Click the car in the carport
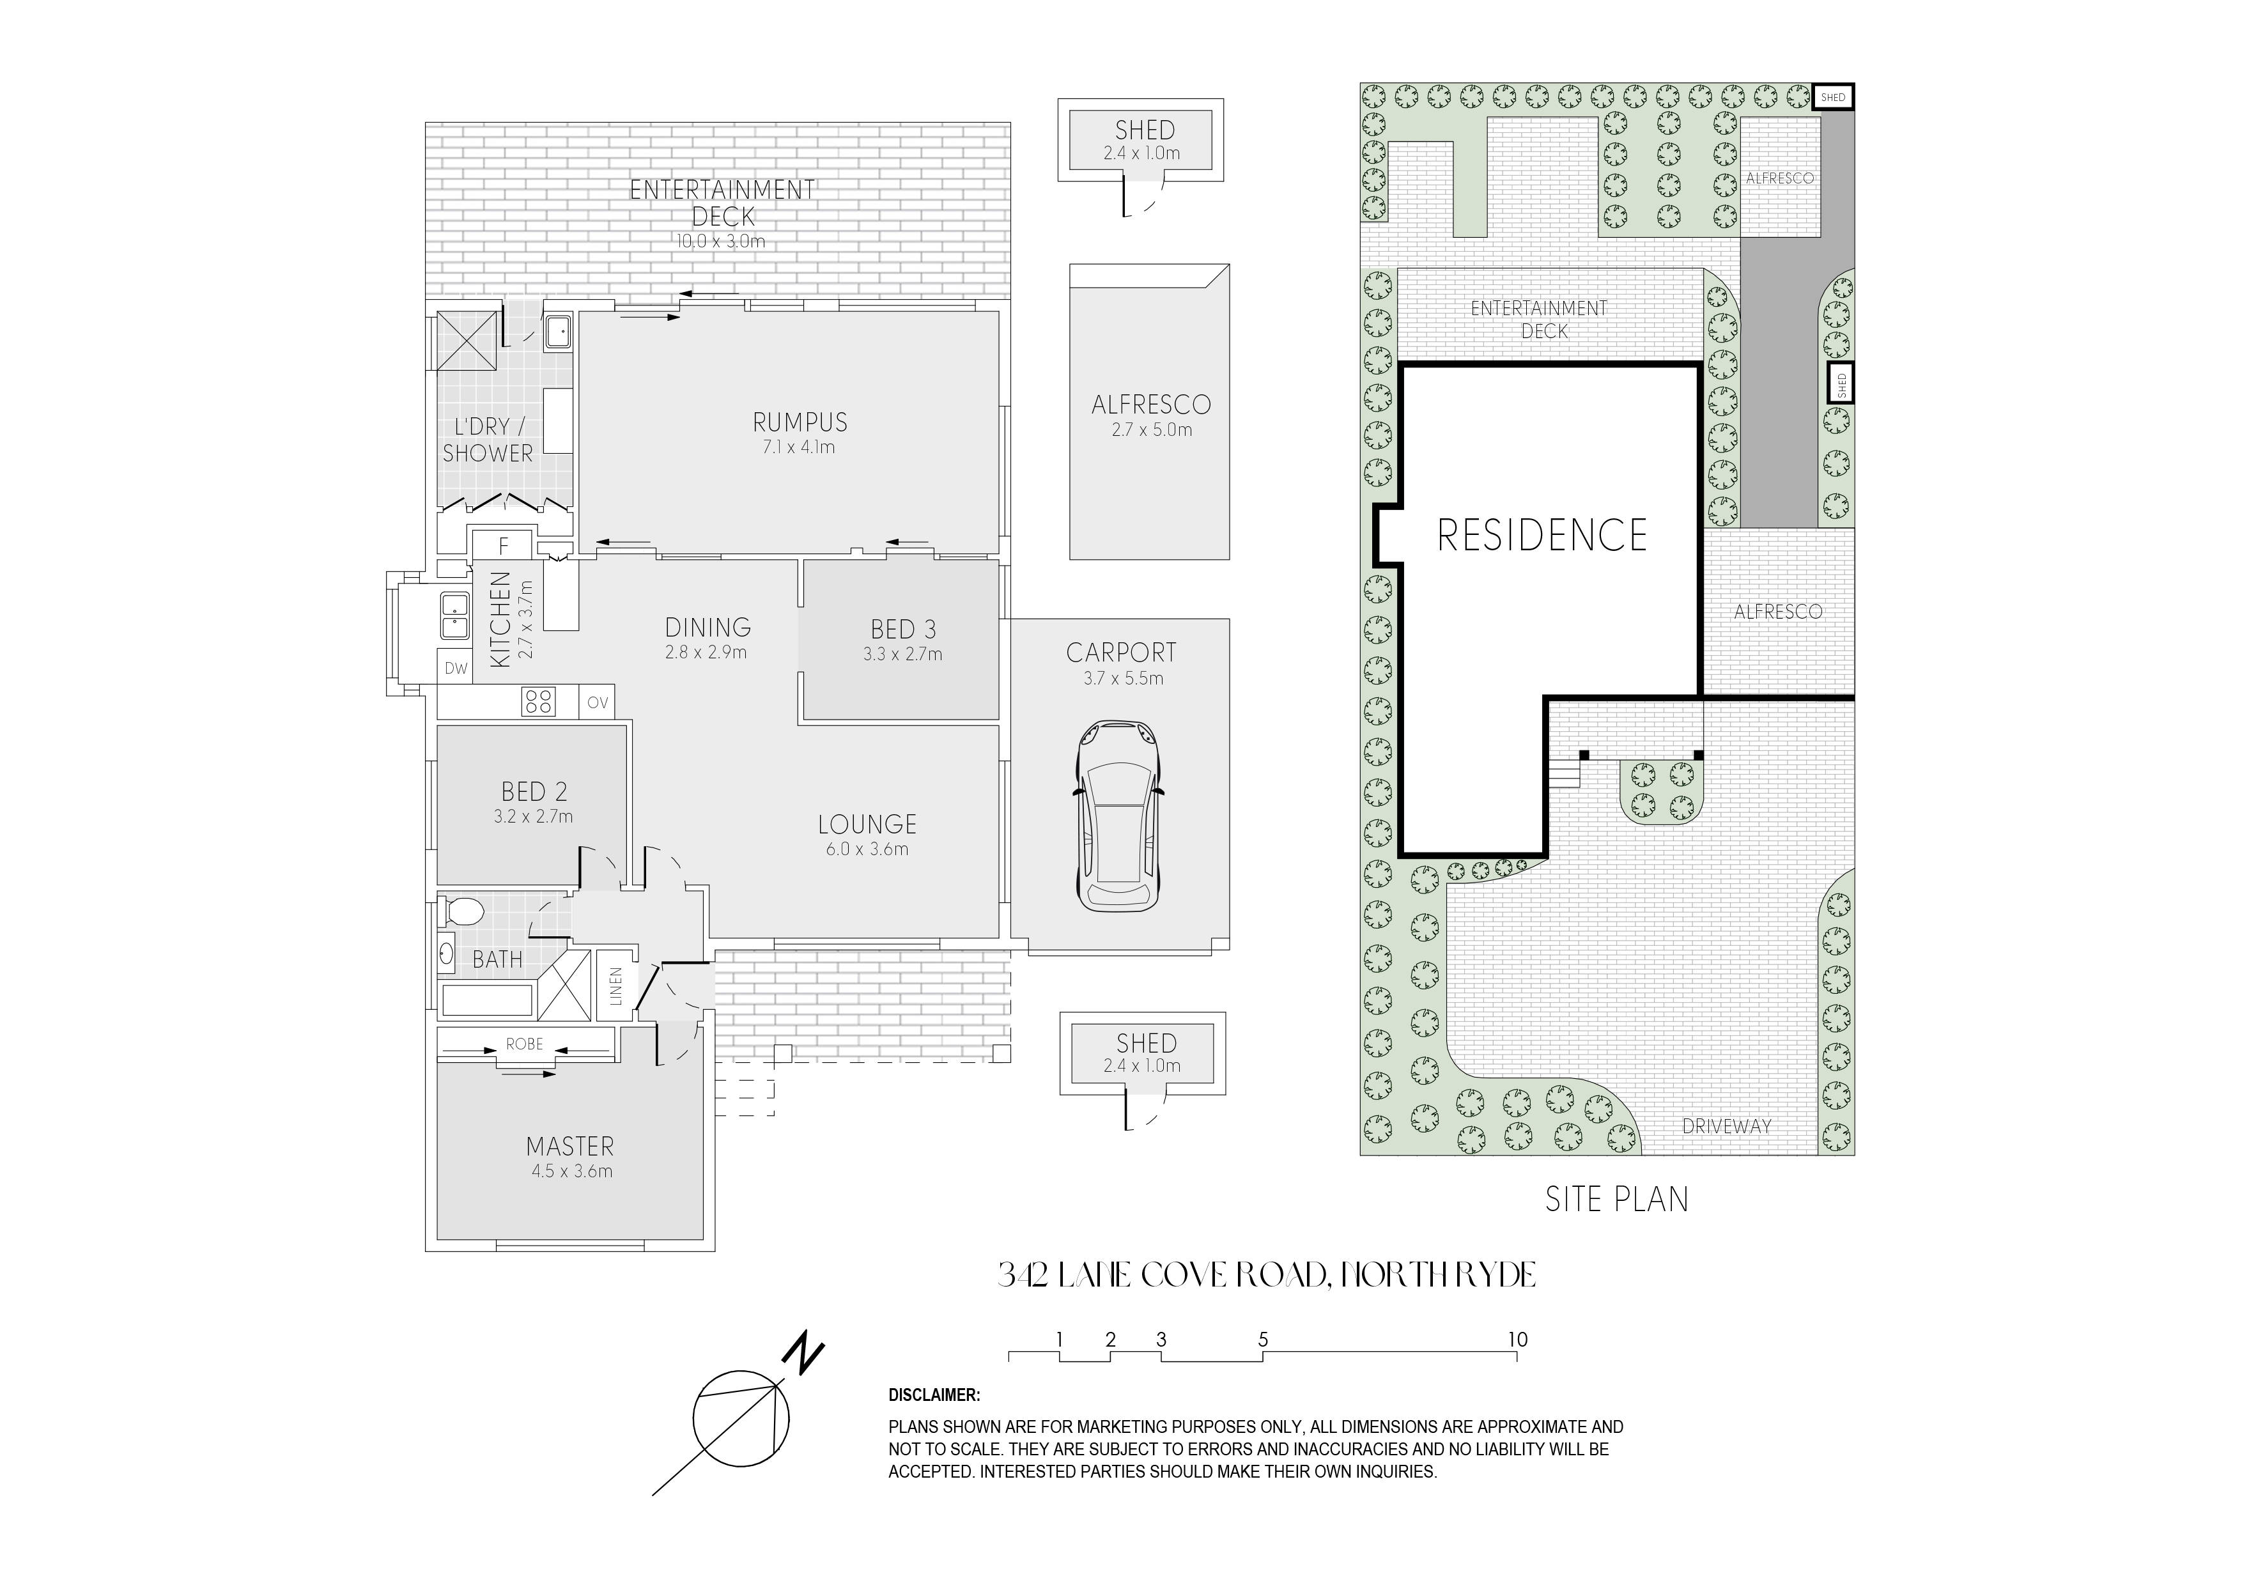(1119, 816)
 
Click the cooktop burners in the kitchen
(539, 701)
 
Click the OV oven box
(598, 702)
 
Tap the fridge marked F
(504, 546)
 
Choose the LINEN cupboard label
(615, 986)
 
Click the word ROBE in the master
(524, 1044)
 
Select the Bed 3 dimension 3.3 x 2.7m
(902, 654)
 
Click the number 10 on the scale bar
(1517, 1340)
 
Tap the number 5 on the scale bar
(1263, 1340)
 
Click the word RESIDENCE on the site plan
(1543, 534)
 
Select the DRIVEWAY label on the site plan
(1726, 1126)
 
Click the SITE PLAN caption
(1617, 1198)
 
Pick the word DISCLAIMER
(934, 1396)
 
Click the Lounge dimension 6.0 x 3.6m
(867, 849)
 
